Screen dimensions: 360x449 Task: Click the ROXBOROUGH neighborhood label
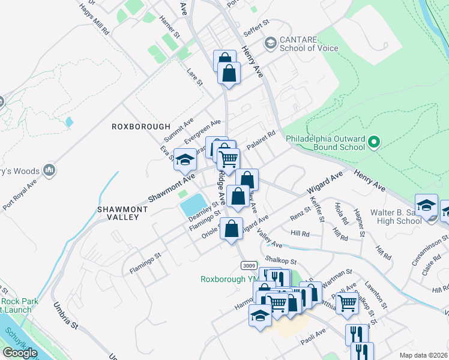(133, 127)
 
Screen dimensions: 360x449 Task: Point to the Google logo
(20, 353)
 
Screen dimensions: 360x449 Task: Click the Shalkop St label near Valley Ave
(282, 260)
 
